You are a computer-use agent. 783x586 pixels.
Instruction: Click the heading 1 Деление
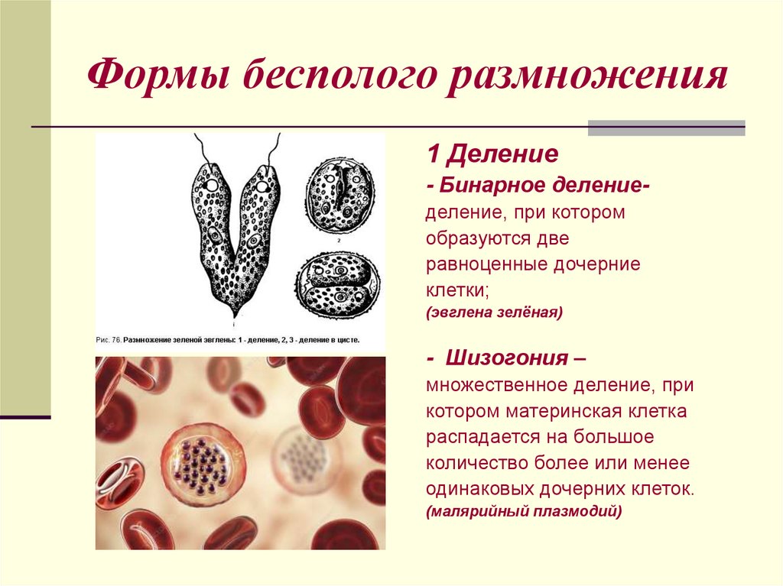pos(492,156)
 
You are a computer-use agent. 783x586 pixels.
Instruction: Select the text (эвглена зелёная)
pos(495,312)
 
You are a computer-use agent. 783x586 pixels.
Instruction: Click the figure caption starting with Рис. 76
pos(228,338)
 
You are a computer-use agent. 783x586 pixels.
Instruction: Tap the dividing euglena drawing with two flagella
pos(234,229)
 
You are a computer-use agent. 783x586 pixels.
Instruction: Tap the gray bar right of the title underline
pos(666,128)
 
